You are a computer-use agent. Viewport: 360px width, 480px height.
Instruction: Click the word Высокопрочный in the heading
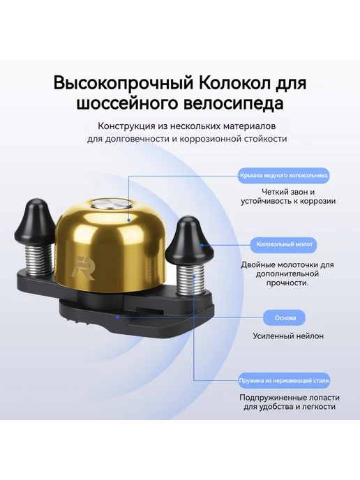click(x=123, y=83)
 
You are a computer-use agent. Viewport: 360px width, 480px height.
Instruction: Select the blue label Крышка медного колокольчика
click(x=285, y=176)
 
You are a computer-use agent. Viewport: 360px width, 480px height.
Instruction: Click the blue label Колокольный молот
click(x=285, y=244)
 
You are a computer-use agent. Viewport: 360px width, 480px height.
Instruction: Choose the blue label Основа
click(x=285, y=317)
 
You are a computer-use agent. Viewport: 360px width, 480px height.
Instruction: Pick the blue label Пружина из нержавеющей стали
click(x=285, y=381)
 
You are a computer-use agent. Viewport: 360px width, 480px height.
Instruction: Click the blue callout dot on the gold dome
click(x=129, y=220)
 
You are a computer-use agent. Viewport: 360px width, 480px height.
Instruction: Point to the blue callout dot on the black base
click(x=117, y=317)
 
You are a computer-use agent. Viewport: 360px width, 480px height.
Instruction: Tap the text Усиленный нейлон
click(x=288, y=336)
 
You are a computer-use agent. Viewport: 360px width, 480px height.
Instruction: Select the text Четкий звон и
click(x=288, y=192)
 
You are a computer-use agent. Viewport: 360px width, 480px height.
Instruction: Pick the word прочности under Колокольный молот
click(x=286, y=283)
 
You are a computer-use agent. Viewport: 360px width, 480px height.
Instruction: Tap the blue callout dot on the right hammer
click(x=202, y=245)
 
